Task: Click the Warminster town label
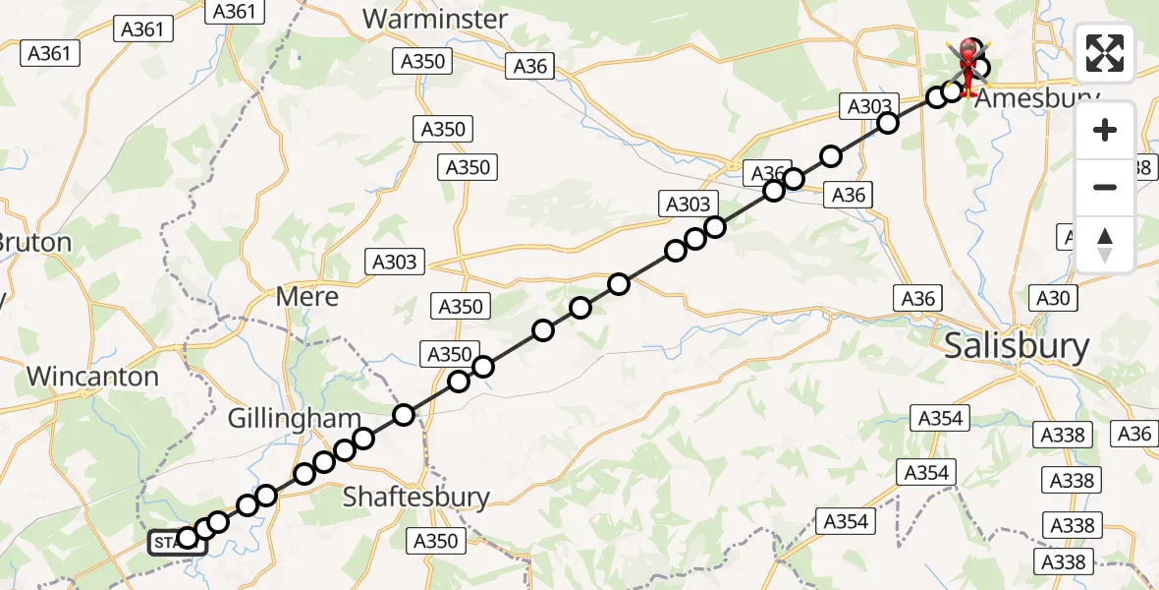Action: pos(435,19)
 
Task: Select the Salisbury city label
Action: pos(1016,346)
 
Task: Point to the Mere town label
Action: pos(307,296)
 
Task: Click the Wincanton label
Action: pos(92,376)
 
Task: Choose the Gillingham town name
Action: pos(294,418)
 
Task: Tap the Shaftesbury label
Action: pos(415,497)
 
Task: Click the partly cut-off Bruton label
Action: pos(35,242)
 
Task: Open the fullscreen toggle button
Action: pos(1105,53)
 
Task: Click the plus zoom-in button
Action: pos(1105,130)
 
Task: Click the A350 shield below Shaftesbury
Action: pos(436,541)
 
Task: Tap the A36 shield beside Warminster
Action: pos(530,66)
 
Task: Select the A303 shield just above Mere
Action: pos(396,262)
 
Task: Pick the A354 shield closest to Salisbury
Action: pos(940,418)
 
